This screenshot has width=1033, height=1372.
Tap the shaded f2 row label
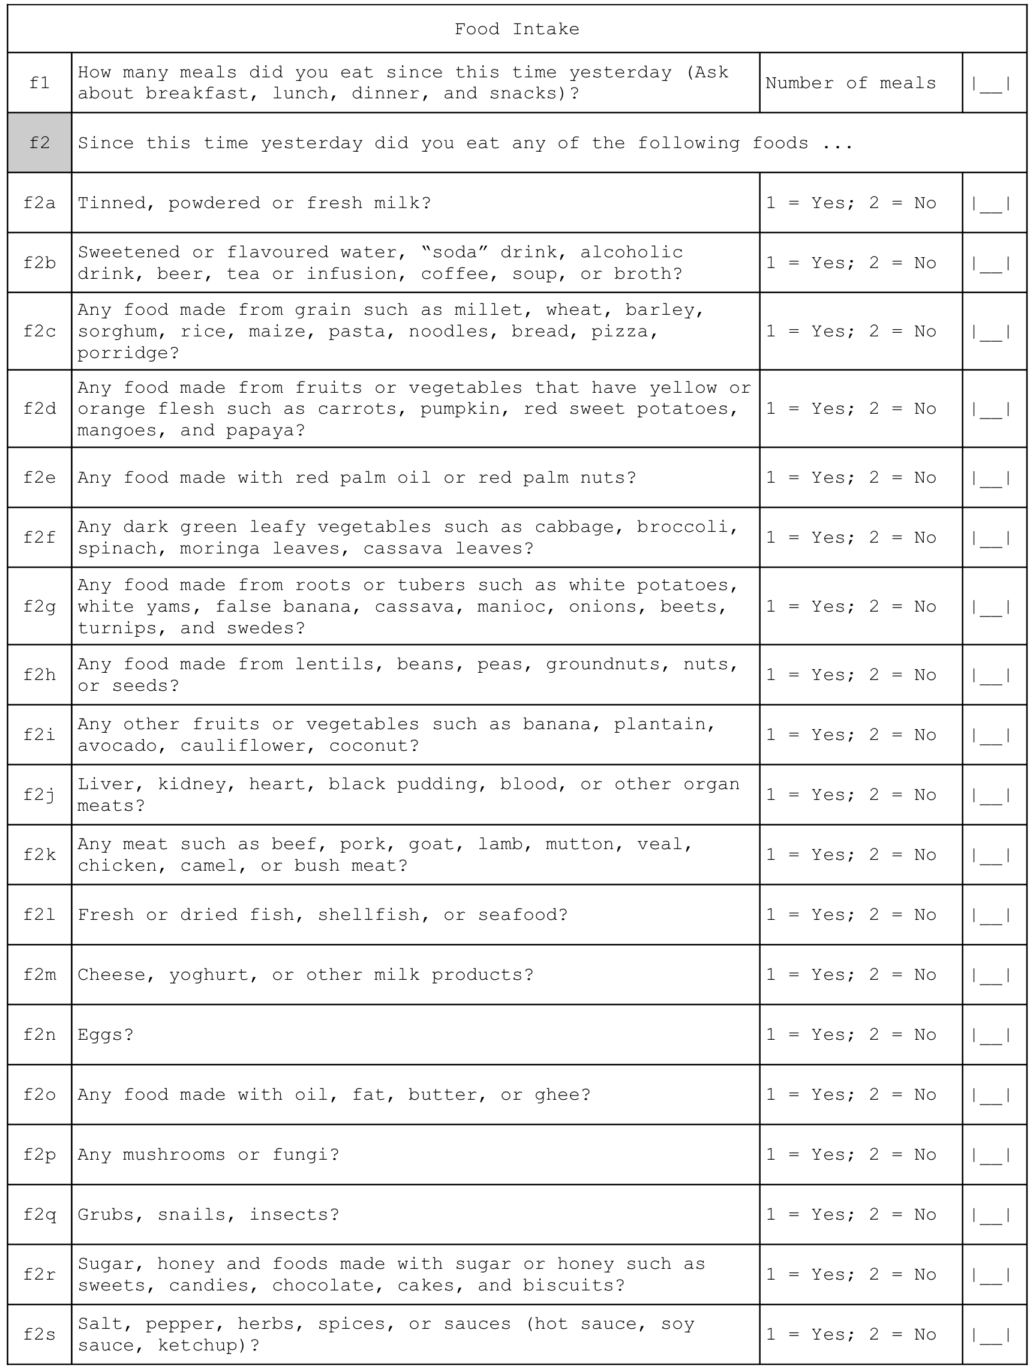[40, 143]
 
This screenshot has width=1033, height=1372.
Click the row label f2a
[40, 203]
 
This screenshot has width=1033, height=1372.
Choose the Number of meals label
[850, 83]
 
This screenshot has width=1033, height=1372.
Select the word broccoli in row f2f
[686, 526]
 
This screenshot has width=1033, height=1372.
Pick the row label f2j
[40, 795]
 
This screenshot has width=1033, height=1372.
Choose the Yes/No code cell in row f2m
[850, 974]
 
